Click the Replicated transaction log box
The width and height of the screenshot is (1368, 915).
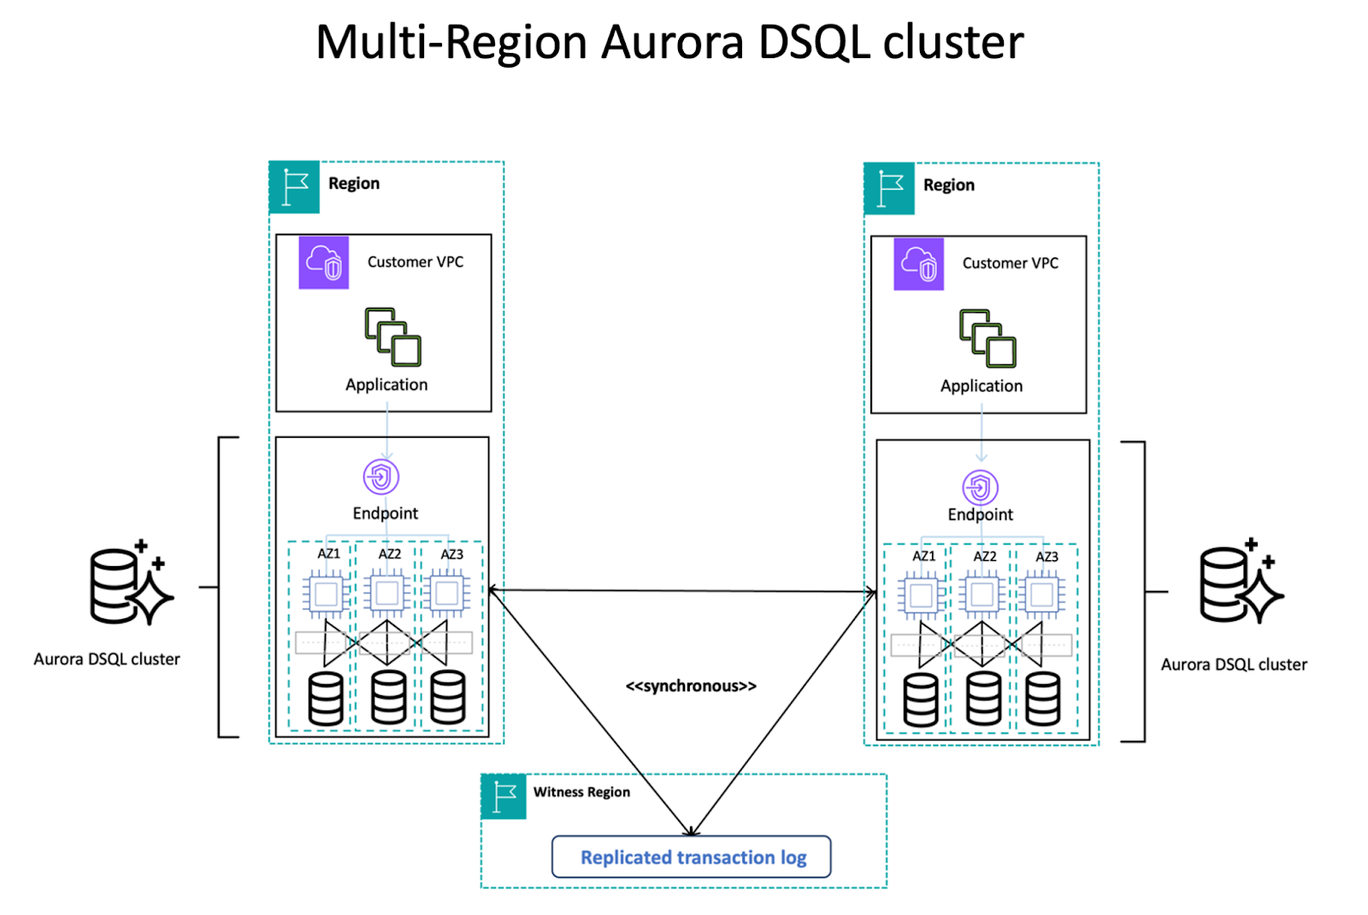click(x=691, y=857)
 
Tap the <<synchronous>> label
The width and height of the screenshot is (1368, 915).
click(x=691, y=686)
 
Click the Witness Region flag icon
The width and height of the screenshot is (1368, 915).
click(x=504, y=796)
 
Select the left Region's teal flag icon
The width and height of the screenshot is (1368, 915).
click(x=294, y=186)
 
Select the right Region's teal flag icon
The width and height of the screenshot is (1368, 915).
click(x=889, y=188)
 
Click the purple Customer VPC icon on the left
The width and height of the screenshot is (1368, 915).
click(x=323, y=263)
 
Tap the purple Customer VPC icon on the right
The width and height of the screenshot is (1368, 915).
click(x=918, y=264)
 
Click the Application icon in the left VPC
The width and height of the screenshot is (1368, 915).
click(x=392, y=337)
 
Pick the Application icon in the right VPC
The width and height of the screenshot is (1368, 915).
click(x=988, y=339)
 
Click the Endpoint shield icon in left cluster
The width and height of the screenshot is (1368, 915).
click(x=381, y=477)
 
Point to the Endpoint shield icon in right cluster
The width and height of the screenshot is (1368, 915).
click(x=980, y=487)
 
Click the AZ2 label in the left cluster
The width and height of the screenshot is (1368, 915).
click(x=390, y=554)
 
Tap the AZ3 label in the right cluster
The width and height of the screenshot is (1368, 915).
click(x=1047, y=557)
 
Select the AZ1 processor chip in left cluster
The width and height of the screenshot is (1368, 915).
click(x=326, y=593)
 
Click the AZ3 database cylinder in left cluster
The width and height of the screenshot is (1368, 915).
click(x=448, y=698)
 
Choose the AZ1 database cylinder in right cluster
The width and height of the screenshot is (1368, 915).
click(x=921, y=700)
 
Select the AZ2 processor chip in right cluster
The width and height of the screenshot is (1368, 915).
click(x=982, y=594)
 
